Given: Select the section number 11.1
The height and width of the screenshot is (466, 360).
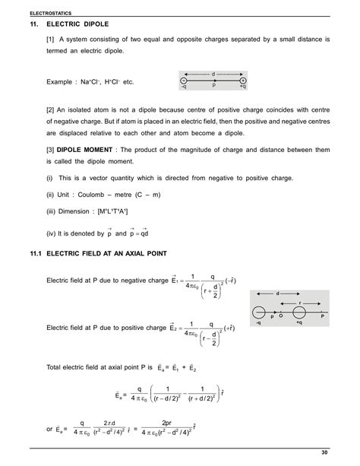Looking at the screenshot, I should tap(36, 253).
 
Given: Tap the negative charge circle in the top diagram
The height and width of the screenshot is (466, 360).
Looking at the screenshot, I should tap(183, 79).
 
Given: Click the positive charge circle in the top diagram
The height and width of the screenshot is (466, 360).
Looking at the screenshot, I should tap(242, 79).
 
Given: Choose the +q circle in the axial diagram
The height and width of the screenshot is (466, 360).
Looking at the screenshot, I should tap(298, 312).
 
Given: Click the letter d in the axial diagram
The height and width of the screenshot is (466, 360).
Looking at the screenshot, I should tap(278, 291).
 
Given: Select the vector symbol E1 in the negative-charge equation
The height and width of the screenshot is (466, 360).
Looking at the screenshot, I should tap(175, 283).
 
